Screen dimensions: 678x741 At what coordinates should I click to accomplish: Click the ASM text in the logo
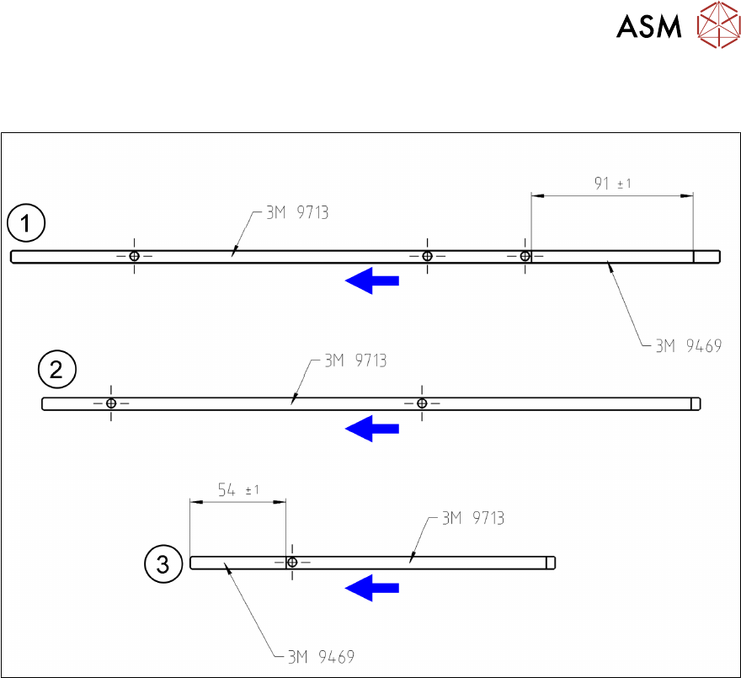[648, 27]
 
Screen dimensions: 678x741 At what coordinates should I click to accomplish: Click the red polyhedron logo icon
[716, 26]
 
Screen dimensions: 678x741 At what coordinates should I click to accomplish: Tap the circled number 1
[26, 225]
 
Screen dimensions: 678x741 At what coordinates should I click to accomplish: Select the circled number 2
[57, 371]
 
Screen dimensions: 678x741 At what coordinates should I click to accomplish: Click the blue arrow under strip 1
[372, 280]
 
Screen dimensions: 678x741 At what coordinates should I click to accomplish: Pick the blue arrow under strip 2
[372, 429]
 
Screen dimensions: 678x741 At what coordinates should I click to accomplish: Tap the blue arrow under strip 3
[372, 587]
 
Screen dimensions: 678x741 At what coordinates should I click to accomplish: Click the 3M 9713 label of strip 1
[297, 213]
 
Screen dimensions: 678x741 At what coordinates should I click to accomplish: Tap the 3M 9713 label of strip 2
[355, 361]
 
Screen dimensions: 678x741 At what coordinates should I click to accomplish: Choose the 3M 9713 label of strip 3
[473, 518]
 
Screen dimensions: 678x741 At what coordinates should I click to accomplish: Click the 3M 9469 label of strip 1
[688, 344]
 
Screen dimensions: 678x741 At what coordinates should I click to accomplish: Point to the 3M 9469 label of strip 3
[321, 656]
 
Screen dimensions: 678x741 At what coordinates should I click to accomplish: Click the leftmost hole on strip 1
[134, 256]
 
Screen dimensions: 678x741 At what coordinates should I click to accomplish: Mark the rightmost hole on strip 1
[525, 256]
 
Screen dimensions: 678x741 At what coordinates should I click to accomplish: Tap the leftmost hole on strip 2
[111, 403]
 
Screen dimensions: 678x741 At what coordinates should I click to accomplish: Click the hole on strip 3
[292, 562]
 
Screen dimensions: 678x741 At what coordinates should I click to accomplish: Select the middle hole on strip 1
[427, 256]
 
